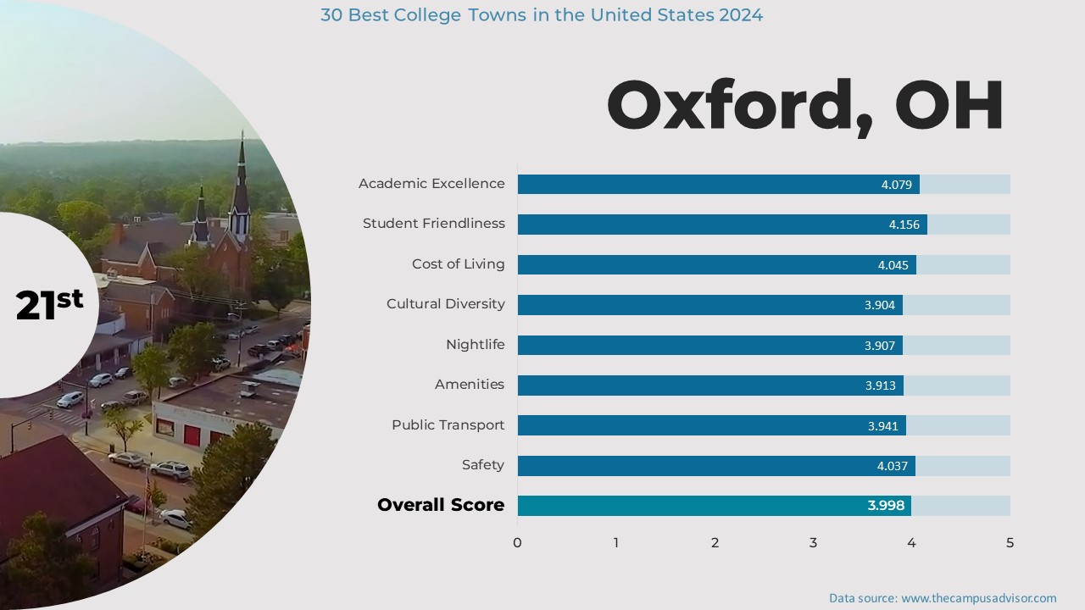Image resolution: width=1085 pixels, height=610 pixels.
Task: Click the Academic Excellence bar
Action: (x=695, y=184)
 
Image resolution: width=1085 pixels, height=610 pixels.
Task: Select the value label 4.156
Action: (x=904, y=225)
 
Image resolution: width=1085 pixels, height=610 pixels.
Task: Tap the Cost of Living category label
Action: (x=458, y=263)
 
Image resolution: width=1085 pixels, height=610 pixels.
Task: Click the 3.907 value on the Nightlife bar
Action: (x=880, y=346)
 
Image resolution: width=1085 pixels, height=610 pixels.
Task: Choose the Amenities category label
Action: (x=469, y=385)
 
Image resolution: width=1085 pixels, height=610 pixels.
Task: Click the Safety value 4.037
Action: (x=893, y=466)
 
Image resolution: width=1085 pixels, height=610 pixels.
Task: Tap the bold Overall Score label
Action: (x=441, y=505)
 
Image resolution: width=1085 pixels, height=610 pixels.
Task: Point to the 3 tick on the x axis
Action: (x=813, y=543)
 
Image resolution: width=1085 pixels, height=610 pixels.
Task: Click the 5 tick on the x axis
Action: (x=1010, y=543)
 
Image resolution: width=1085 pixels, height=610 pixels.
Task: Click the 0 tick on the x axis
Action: (x=517, y=543)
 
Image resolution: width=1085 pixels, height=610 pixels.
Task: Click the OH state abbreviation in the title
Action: (x=949, y=106)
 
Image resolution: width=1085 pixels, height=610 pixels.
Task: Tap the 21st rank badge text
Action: (x=49, y=304)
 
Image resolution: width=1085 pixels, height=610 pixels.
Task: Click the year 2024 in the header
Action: (x=739, y=15)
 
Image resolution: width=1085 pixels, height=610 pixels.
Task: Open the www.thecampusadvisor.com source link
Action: (x=978, y=598)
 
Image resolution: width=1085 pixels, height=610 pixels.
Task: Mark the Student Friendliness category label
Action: (x=433, y=224)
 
